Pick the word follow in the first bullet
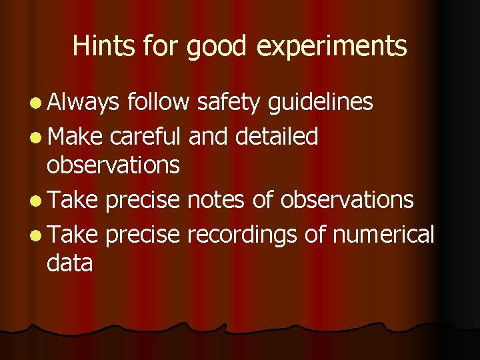159,103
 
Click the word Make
75,136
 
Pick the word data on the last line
69,263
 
